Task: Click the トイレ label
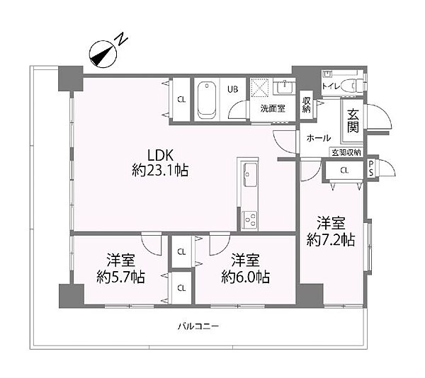pos(330,86)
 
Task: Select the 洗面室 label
pos(271,109)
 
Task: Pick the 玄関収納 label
pos(346,152)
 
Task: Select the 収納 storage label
pos(307,105)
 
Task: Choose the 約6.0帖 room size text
pos(245,276)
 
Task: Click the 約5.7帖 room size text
pos(121,276)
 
